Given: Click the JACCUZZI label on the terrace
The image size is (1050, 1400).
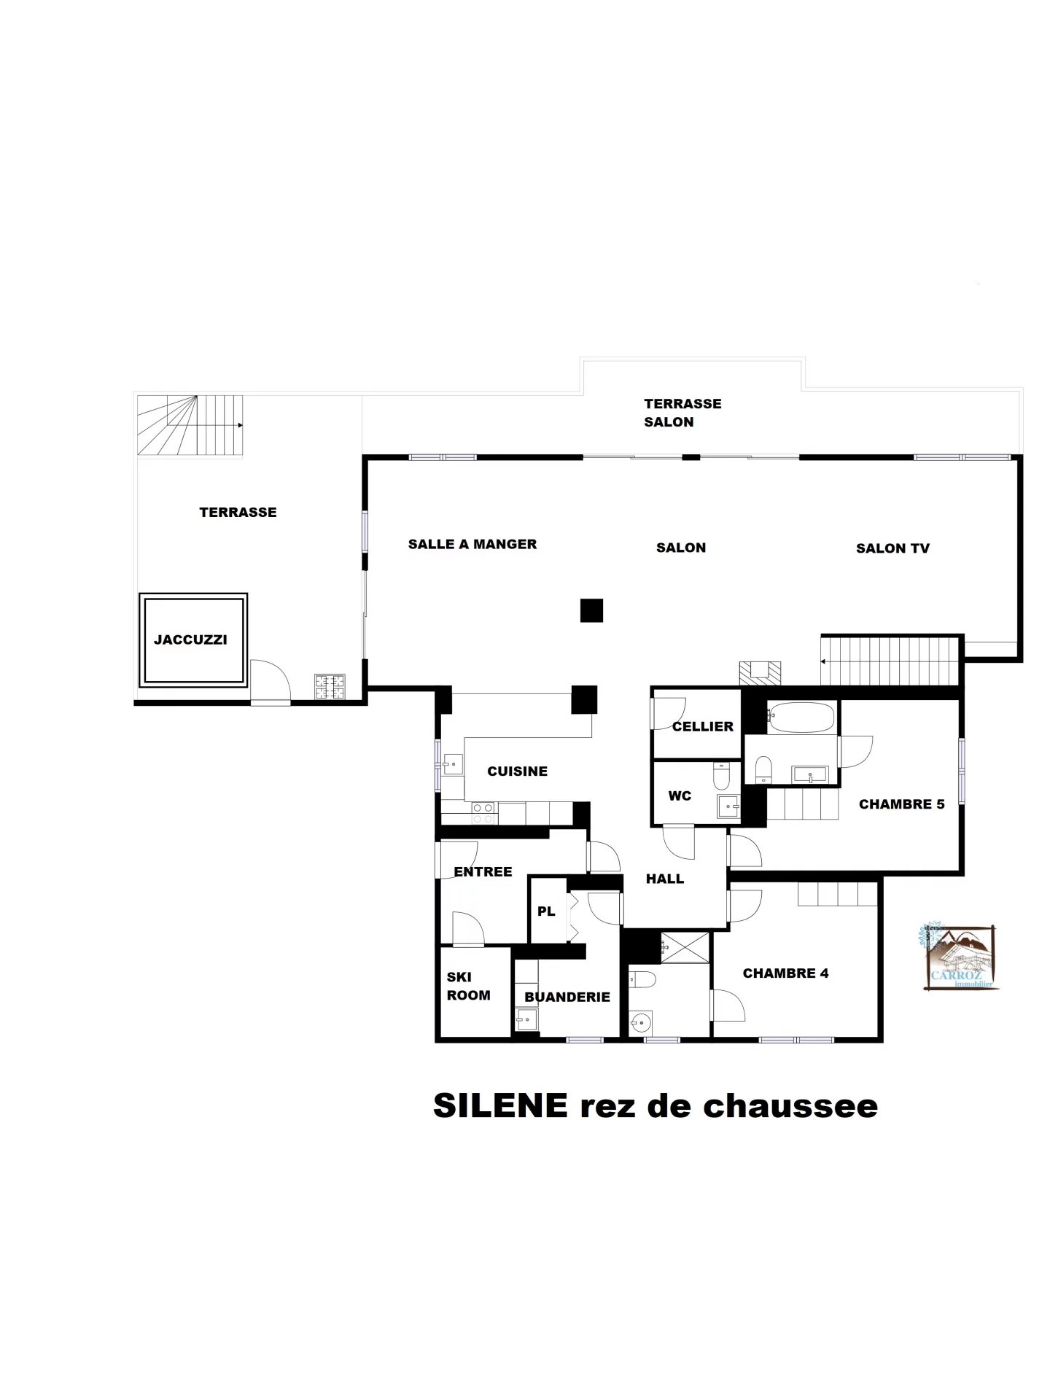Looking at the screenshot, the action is click(x=190, y=639).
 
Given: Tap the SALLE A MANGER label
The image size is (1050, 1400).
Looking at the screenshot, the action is click(x=472, y=544).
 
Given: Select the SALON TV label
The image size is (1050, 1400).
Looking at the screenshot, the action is click(x=892, y=548).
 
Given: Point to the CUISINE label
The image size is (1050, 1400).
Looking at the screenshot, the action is click(x=517, y=771).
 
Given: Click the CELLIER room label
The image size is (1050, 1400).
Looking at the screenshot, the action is click(x=703, y=726).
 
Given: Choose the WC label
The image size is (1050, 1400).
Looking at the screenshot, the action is click(x=680, y=796).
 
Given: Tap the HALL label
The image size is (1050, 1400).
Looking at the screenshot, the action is click(x=665, y=879).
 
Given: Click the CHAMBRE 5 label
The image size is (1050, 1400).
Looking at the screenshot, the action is click(x=902, y=804).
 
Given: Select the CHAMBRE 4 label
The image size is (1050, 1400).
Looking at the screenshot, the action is click(x=785, y=973).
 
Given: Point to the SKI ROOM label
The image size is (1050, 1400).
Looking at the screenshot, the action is click(x=468, y=986).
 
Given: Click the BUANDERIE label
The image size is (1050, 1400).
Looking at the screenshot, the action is click(x=567, y=997).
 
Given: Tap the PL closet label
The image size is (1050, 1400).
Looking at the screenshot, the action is click(x=546, y=911).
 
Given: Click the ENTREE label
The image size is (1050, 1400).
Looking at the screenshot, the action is click(x=483, y=871).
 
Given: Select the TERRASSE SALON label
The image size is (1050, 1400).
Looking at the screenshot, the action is click(x=682, y=413).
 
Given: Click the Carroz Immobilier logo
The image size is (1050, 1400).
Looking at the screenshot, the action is click(x=957, y=957).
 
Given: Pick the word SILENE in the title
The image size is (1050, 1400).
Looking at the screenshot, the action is click(x=500, y=1105).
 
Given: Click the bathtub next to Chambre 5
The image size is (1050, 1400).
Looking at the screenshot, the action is click(x=800, y=717).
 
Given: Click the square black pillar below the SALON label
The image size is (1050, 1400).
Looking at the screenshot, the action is click(x=591, y=610).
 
